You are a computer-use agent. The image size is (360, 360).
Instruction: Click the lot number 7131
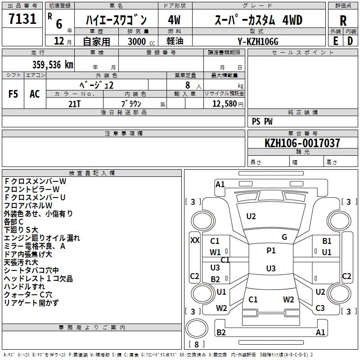point(22,19)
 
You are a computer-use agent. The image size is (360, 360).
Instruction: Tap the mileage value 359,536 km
point(53,65)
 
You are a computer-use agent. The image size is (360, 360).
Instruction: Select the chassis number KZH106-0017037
point(302,143)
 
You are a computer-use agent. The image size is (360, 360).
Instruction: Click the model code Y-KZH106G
point(258,41)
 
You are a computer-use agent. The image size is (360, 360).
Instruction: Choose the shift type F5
point(13,94)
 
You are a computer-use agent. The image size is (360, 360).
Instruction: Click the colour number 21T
point(74,104)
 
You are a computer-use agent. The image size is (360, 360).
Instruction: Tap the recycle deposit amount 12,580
point(224,104)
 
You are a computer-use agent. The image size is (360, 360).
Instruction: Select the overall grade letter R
point(343,21)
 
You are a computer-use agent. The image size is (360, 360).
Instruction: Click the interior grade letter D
point(350,41)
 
